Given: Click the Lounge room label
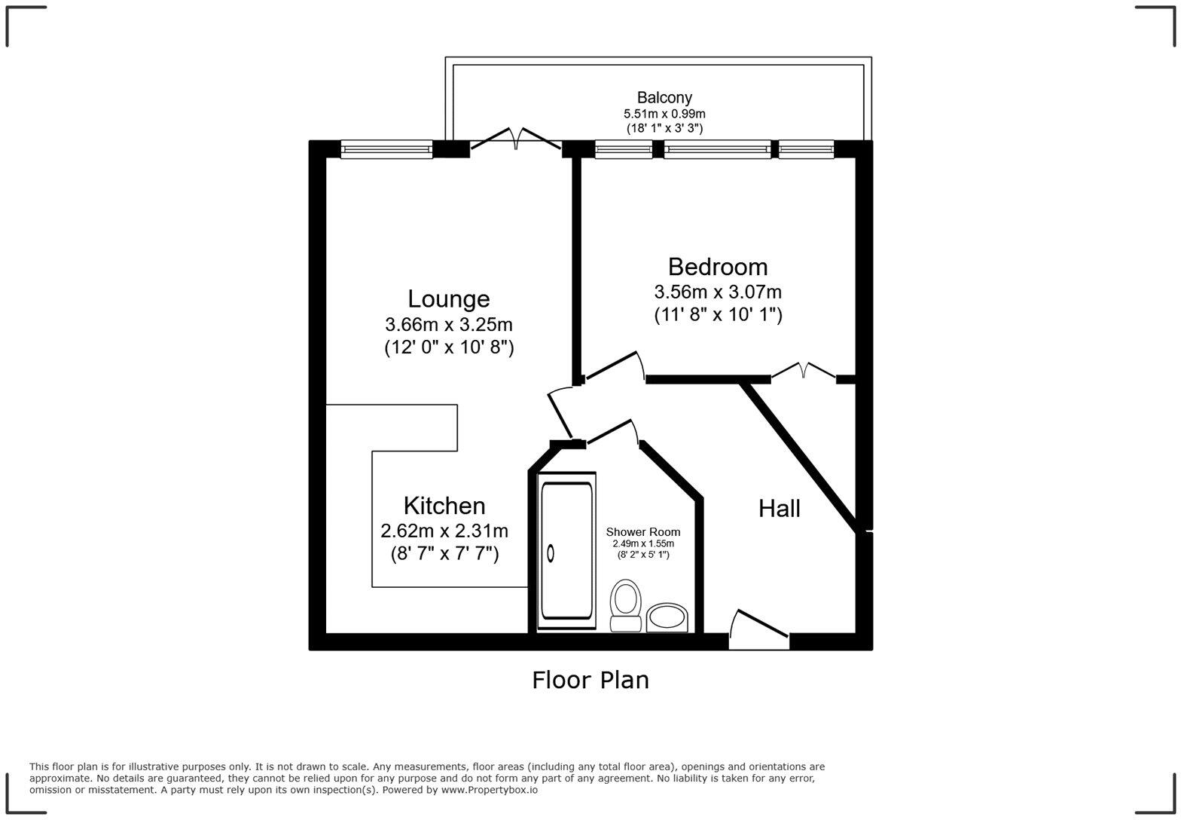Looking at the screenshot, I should coord(448,299).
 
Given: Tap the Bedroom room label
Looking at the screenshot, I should coord(717,267).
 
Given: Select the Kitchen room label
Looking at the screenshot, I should coord(444,506).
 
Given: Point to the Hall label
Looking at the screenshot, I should coord(779,509).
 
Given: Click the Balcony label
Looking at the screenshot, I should coord(664,97).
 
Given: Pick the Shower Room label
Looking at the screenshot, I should coord(642,532).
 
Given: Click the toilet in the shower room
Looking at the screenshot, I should coord(624,605).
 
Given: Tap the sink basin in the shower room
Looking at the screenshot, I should coord(667,618).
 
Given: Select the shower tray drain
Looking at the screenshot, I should coord(551,553).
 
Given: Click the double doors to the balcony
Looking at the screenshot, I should coord(516,139).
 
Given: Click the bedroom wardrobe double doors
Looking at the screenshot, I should coord(804,370).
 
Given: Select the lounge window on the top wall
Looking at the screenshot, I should coord(386,149).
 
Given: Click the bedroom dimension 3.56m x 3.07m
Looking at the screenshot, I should coord(717,292).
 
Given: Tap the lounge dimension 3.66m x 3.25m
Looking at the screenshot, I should coord(448,325).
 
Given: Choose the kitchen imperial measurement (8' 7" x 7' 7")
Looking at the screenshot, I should coord(444,554).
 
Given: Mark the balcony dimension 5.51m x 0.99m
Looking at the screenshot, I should coord(664,114).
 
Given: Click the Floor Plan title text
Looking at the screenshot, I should coord(590,680).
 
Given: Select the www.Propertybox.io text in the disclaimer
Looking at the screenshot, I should coord(489,790).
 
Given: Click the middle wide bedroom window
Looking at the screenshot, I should coord(717,149).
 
